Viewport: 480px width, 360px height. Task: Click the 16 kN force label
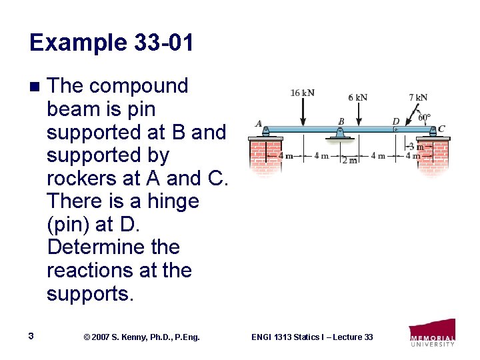[303, 93]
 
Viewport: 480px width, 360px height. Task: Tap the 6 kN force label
[357, 97]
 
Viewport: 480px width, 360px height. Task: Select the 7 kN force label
[418, 97]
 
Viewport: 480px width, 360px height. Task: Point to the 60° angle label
[424, 118]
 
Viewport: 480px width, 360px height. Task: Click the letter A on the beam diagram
[259, 123]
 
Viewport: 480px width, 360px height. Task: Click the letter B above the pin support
[341, 121]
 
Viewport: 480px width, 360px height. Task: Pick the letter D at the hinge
[395, 121]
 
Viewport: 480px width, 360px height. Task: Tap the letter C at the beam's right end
[441, 129]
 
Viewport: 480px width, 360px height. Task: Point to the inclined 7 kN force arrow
[413, 114]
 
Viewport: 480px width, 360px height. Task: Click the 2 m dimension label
[349, 161]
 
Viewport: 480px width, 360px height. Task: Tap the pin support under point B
[341, 135]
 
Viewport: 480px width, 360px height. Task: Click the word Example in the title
[73, 43]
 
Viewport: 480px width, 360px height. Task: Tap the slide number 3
[31, 337]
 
